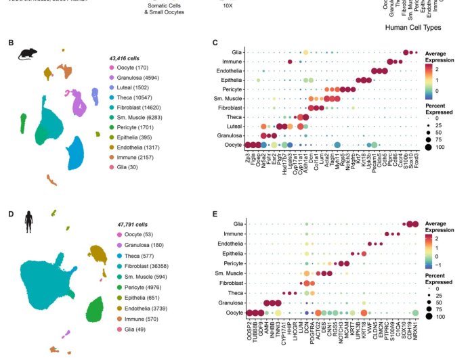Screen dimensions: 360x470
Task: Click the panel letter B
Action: pyautogui.click(x=11, y=43)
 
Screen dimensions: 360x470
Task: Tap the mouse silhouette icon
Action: pyautogui.click(x=28, y=53)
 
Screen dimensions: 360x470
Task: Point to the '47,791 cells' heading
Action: pyautogui.click(x=125, y=223)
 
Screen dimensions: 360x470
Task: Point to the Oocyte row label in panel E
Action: pyautogui.click(x=233, y=312)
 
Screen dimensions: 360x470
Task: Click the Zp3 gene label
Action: pyautogui.click(x=248, y=154)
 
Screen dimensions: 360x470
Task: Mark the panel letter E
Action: pyautogui.click(x=215, y=214)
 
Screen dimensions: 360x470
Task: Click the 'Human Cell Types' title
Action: pyautogui.click(x=413, y=28)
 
